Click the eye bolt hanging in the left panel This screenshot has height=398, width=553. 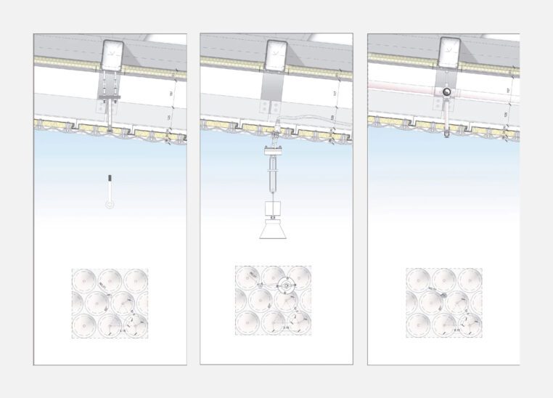click(109, 190)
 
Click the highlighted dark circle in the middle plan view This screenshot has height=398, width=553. click(288, 286)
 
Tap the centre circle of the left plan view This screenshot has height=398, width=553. click(110, 301)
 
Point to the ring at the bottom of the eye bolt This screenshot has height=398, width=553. click(109, 205)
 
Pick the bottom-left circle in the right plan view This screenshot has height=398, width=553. click(418, 324)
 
